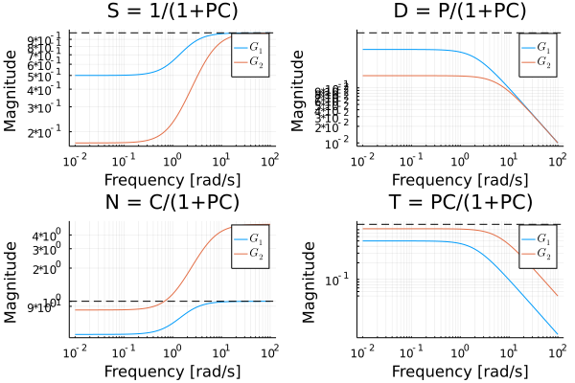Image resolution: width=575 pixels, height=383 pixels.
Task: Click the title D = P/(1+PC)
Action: (x=460, y=11)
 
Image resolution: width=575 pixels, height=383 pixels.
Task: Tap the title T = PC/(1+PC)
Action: (x=460, y=202)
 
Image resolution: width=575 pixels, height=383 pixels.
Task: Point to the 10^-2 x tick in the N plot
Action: (x=74, y=352)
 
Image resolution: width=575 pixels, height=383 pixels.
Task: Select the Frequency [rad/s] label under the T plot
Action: (x=460, y=371)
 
